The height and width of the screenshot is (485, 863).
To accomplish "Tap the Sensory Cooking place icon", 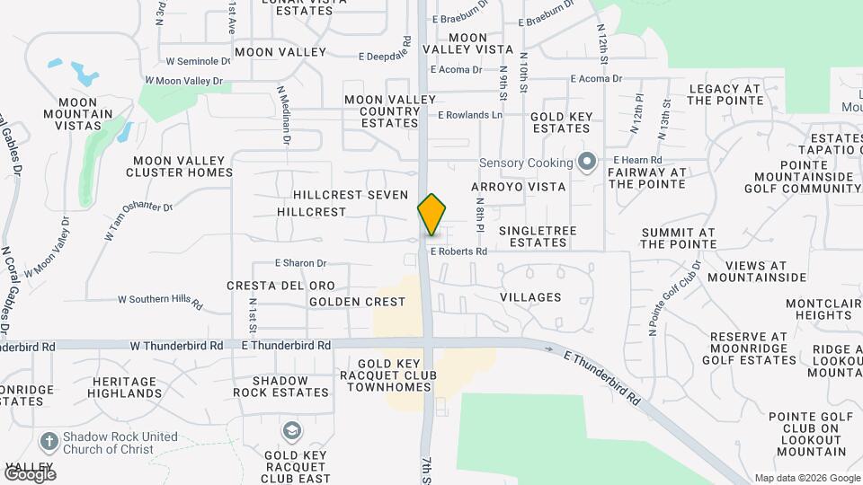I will coord(587,163).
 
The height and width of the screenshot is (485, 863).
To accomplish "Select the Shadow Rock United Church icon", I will coord(49,441).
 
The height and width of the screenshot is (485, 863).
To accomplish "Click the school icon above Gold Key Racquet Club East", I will coord(291,431).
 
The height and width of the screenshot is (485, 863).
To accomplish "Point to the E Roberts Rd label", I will coord(458,252).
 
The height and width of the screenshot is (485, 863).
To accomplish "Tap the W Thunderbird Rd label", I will coord(176,345).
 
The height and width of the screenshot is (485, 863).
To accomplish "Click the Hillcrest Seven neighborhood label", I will coord(351,195).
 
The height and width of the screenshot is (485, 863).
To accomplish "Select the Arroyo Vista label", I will coord(519,187).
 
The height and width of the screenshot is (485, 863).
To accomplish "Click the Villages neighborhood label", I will coord(530,297).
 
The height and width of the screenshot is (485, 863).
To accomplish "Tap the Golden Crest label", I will coord(358,302).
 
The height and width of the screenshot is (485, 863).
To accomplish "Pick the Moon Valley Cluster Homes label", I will coord(179,166).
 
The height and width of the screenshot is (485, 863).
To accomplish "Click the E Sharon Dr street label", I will coord(300,264).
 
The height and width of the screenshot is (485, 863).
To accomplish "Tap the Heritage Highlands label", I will coord(126,387).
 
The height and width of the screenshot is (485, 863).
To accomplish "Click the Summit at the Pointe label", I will coord(679,238).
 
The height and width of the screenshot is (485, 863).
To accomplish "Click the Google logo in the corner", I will coord(30,473).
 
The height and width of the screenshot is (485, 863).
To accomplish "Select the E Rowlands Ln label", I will coord(469,115).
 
